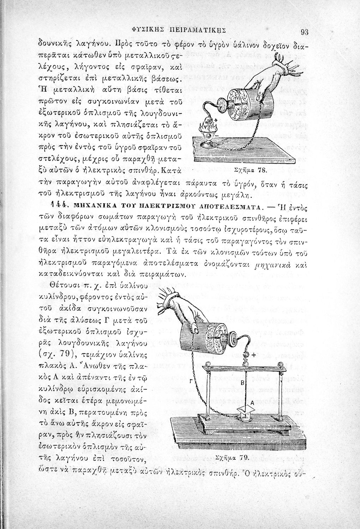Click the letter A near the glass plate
coord(252,402)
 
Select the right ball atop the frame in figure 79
coord(281,364)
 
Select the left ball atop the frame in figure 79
coord(207,365)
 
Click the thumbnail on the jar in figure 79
coord(194,329)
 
